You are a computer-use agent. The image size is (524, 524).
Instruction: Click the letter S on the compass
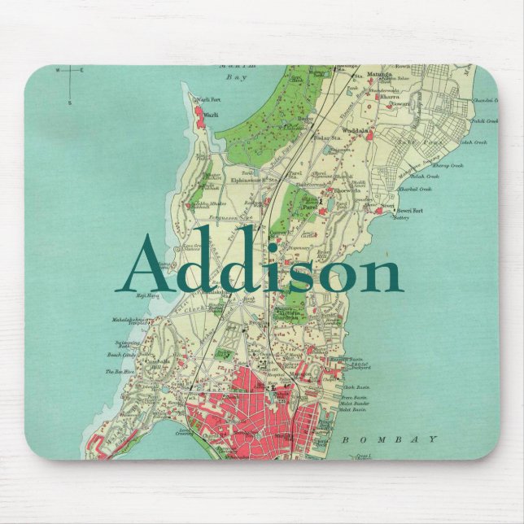click(x=70, y=103)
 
